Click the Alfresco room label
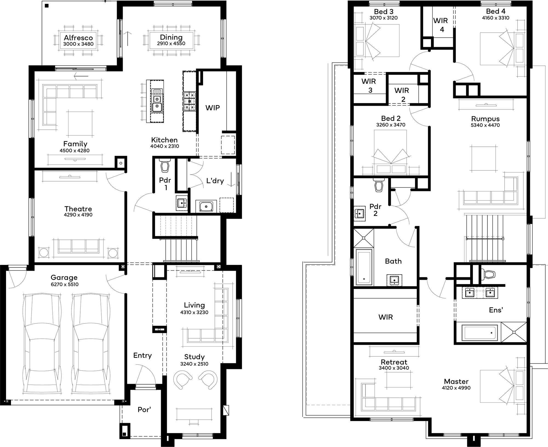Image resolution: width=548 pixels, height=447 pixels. pos(78,38)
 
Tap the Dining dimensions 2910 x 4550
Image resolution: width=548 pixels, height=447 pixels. pos(171,44)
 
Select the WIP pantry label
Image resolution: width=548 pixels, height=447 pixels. pos(213,108)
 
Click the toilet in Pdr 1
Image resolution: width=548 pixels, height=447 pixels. pos(165,166)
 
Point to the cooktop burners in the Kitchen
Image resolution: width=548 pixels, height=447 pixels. pos(190,101)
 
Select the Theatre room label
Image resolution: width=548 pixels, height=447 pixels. pos(78,209)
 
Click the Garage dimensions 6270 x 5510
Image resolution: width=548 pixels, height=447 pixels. pos(65,284)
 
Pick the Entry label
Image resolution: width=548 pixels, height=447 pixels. pos(142,355)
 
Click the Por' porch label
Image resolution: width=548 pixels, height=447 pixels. pos(144,409)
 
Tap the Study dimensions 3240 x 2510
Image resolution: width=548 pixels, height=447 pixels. pos(194,364)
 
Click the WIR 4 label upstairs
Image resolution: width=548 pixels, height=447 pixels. pos(441,25)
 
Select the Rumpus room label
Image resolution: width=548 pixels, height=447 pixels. pos(485,119)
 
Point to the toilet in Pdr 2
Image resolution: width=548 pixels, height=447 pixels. pos(379,186)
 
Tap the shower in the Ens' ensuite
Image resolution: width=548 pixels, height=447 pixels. pos(514,332)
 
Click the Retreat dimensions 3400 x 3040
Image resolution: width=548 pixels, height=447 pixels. pos(394,368)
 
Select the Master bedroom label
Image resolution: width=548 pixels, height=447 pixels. pos(456,381)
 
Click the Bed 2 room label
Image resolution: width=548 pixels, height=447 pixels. pos(391,118)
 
